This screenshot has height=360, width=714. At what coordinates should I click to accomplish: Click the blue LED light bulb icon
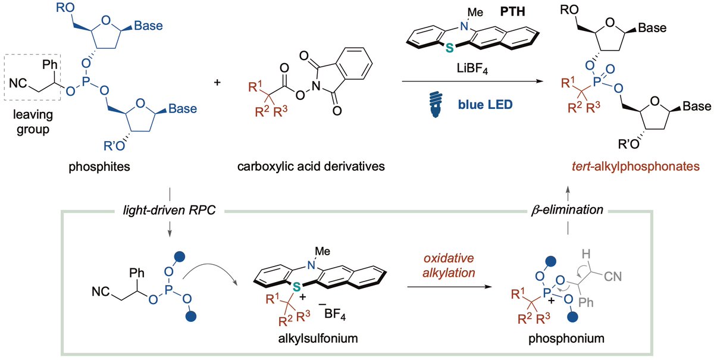coord(436,105)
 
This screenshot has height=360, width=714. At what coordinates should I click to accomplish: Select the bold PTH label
coord(512,12)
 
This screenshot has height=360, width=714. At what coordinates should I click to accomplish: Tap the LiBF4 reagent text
coord(472,68)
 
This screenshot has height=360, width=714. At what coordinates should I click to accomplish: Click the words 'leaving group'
coord(33,122)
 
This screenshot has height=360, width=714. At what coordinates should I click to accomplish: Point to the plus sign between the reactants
coord(217,83)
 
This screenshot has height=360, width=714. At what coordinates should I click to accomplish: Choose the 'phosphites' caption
coord(99,167)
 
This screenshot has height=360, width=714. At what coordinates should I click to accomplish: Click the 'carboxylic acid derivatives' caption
coord(311,166)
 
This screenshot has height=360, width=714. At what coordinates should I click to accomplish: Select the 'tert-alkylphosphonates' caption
coord(635,166)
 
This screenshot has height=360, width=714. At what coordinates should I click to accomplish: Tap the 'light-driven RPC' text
coord(169,210)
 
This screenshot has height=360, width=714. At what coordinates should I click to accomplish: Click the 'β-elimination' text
coord(567,210)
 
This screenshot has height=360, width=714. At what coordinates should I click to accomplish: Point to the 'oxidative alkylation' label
coord(449,265)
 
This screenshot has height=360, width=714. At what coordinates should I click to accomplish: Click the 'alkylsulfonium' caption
coord(318,339)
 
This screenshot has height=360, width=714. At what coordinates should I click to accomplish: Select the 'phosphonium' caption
coord(566,339)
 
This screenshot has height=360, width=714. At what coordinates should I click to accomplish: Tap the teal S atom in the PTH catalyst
coord(449,48)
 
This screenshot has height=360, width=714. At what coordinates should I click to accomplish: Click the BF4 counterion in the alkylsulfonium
coord(334,315)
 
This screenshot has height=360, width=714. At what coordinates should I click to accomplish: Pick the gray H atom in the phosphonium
coord(586,254)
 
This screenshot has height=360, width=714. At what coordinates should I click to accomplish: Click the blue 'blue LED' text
coord(485,105)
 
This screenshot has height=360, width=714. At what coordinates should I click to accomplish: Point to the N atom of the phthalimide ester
coord(316,86)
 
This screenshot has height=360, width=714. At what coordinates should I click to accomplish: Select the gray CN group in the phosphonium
coord(613,277)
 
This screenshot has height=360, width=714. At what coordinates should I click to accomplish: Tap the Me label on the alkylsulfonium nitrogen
coord(322,251)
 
